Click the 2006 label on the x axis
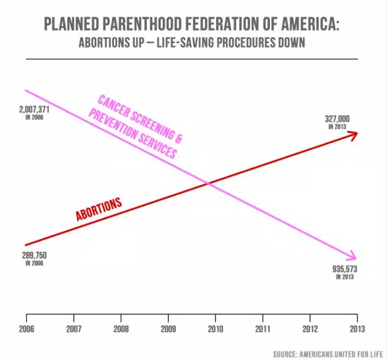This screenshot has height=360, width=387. [x=26, y=327]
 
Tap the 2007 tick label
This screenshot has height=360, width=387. [x=73, y=327]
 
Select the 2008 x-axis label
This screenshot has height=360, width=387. [x=121, y=327]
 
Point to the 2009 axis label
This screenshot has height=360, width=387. [x=168, y=327]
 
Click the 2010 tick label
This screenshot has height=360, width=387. [x=215, y=327]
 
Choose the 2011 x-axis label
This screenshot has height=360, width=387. [x=263, y=327]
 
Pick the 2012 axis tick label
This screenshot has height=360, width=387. [x=310, y=327]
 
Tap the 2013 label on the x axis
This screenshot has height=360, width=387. [x=357, y=327]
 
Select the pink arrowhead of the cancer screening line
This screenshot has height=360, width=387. [x=352, y=256]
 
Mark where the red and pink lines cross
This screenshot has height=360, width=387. [x=208, y=183]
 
